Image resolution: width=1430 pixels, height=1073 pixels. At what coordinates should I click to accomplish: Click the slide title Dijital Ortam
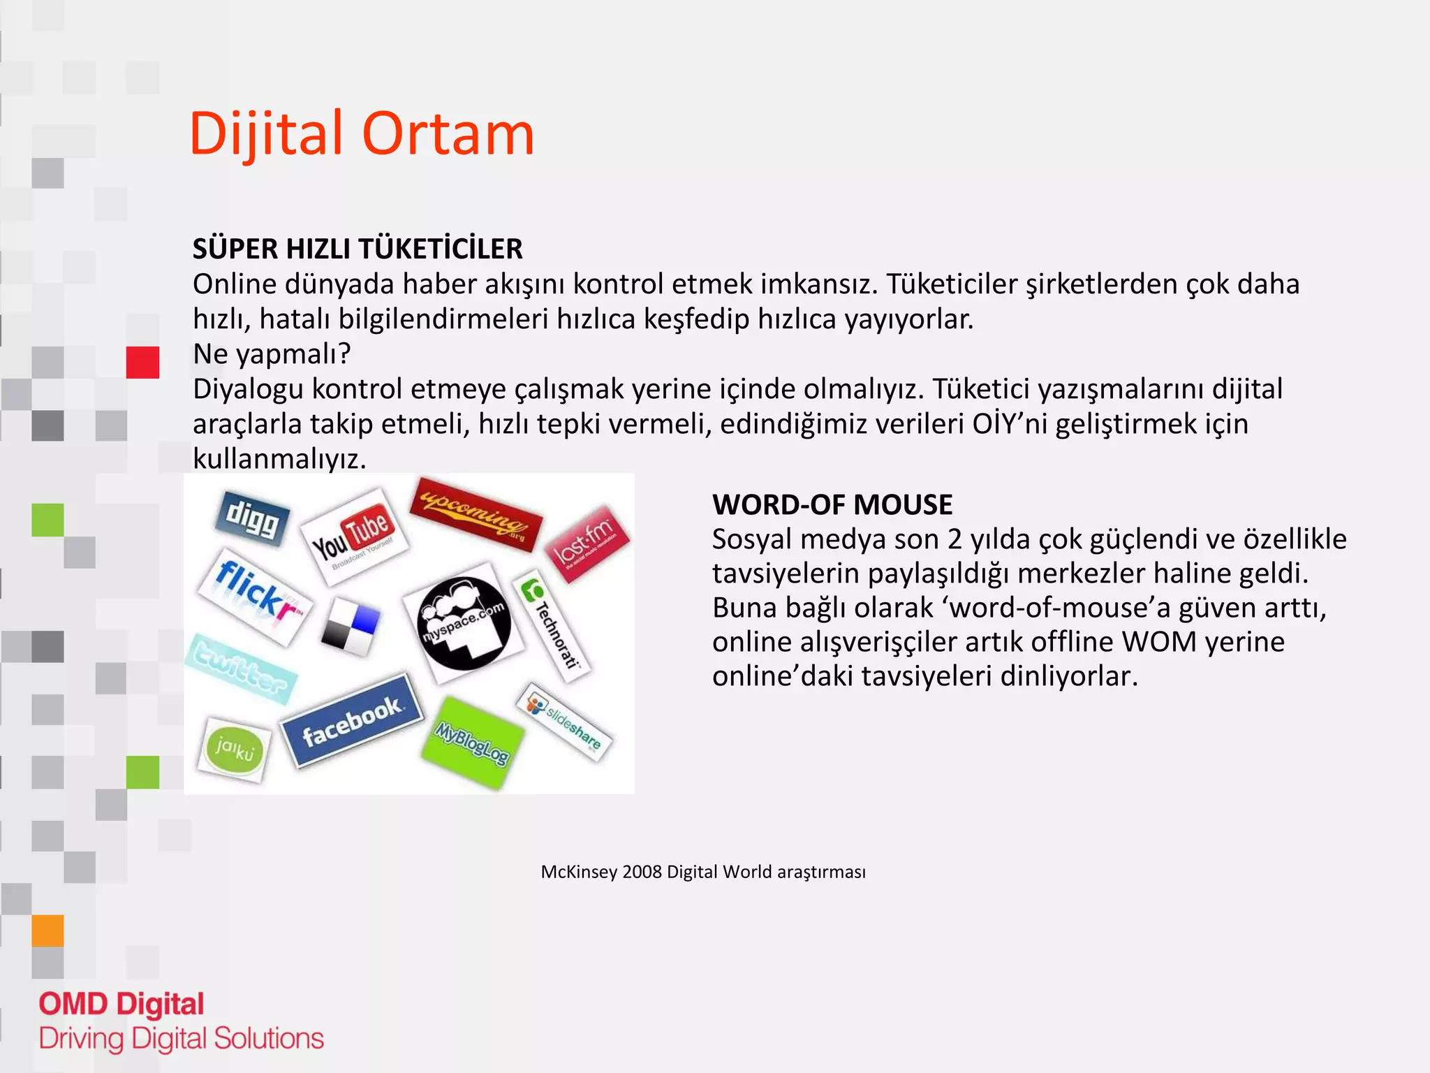[361, 133]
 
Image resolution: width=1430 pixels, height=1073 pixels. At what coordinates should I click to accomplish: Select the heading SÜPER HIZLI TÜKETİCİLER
[357, 249]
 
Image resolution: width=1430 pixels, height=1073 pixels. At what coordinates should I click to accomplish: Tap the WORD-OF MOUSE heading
[832, 504]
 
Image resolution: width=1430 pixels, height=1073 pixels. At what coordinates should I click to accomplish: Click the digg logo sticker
[251, 518]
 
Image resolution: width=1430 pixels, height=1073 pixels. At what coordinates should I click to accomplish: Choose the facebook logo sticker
[352, 720]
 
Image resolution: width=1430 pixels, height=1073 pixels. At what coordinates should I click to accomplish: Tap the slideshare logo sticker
[564, 722]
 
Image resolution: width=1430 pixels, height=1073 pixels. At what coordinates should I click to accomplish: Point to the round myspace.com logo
[464, 623]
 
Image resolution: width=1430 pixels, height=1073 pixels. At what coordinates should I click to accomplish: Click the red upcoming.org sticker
[476, 513]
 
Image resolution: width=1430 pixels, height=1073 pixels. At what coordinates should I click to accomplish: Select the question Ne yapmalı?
[272, 354]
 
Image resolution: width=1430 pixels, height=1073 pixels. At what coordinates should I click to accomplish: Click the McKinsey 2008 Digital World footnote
[702, 872]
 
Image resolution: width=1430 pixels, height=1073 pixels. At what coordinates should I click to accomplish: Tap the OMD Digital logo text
[121, 1005]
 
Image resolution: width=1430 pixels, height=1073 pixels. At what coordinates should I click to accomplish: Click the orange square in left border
[47, 930]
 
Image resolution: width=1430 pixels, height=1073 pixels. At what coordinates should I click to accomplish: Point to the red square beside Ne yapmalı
[142, 363]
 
